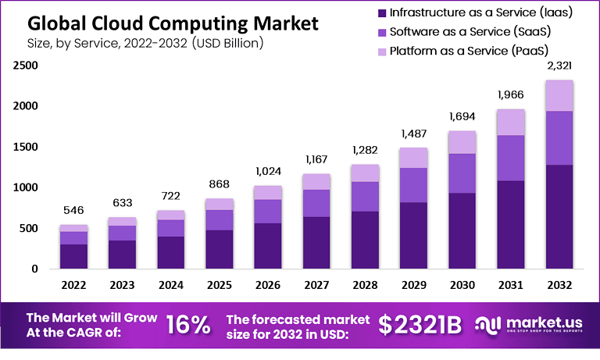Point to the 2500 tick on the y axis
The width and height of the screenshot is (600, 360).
coord(26,66)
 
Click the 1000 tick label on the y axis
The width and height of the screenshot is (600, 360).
coord(26,187)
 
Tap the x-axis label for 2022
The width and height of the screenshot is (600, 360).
coord(74,286)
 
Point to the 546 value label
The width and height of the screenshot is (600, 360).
coord(74,211)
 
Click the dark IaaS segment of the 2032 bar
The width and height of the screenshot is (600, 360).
coord(559,216)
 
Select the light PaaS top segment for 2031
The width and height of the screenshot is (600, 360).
coord(511,122)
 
